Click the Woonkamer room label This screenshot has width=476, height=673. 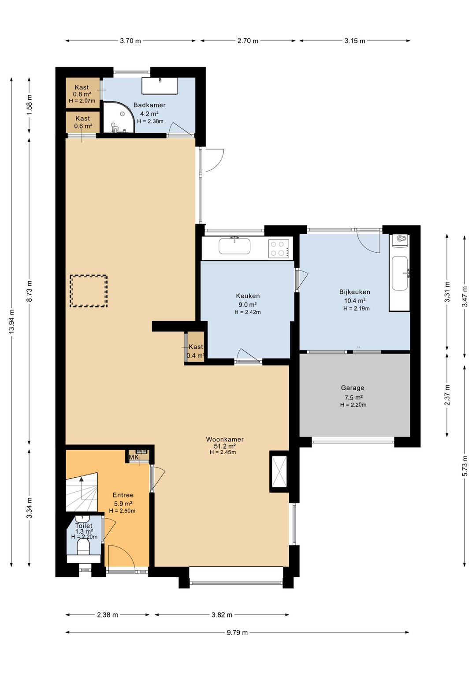click(x=225, y=439)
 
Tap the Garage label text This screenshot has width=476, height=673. click(x=352, y=388)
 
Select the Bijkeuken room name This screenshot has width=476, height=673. click(x=354, y=292)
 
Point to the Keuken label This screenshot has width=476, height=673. click(x=248, y=296)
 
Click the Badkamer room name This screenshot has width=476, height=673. click(x=149, y=105)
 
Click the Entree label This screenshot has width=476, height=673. click(x=123, y=495)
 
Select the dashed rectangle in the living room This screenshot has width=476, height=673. click(x=89, y=291)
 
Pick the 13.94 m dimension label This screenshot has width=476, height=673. click(x=12, y=321)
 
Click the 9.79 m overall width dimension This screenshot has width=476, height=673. click(x=237, y=632)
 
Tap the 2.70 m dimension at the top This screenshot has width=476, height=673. click(x=248, y=41)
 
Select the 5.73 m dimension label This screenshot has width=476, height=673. click(x=465, y=466)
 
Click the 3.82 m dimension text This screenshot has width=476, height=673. click(x=222, y=615)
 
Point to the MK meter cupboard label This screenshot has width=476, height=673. click(x=134, y=457)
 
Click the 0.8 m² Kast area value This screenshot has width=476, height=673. click(x=82, y=94)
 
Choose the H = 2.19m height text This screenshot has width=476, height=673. click(x=357, y=308)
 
